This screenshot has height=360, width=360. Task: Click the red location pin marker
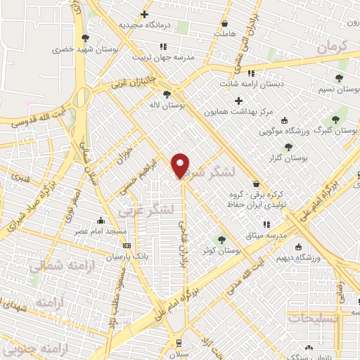click(181, 165)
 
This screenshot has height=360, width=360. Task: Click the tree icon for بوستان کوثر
click(222, 239)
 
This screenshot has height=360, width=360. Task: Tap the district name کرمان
click(333, 47)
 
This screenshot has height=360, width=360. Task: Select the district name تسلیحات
click(314, 319)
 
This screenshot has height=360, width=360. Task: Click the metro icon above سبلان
click(180, 342)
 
